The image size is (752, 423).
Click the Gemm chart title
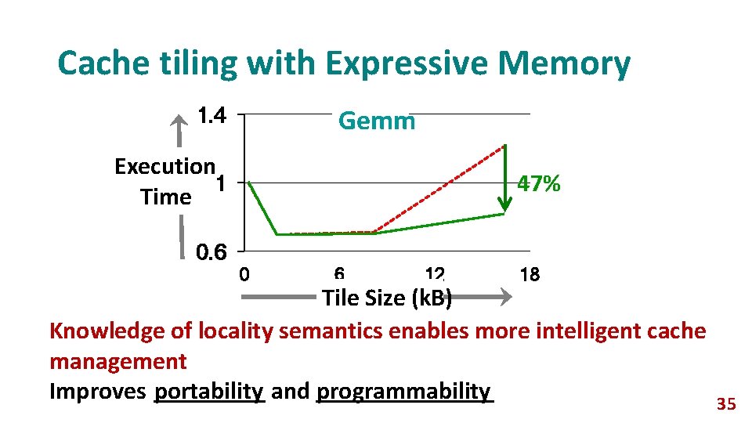(x=376, y=121)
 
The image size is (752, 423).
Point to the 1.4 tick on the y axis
(x=211, y=117)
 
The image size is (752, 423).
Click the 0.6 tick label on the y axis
(x=211, y=252)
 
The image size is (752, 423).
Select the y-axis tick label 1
(x=222, y=184)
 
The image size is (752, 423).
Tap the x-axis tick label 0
(x=244, y=275)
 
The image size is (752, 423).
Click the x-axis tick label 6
(x=339, y=274)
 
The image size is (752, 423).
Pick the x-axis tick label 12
(x=435, y=274)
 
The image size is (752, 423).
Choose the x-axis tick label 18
(x=530, y=275)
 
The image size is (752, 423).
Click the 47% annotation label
(x=538, y=185)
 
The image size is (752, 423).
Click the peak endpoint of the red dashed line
(x=504, y=146)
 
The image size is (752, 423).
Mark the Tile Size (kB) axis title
(x=386, y=298)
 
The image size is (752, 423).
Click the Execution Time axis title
(x=164, y=181)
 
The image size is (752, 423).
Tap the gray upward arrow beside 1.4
(x=180, y=129)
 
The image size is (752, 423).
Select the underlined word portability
(x=210, y=391)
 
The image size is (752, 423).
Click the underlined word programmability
(x=404, y=391)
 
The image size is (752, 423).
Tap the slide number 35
(x=726, y=404)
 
